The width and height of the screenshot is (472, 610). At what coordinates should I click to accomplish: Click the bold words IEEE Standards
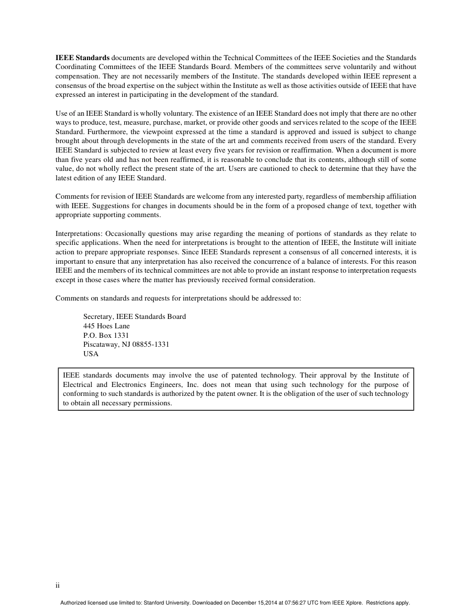tap(82, 58)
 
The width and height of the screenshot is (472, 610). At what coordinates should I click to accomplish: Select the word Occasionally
tap(125, 233)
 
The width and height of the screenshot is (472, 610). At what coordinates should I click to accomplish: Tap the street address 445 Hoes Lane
tap(106, 326)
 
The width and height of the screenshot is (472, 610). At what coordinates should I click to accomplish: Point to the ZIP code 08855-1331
tap(151, 344)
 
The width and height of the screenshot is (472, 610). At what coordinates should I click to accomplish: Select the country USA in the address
tap(91, 354)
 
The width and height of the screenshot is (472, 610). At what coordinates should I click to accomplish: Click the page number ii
tap(58, 585)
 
